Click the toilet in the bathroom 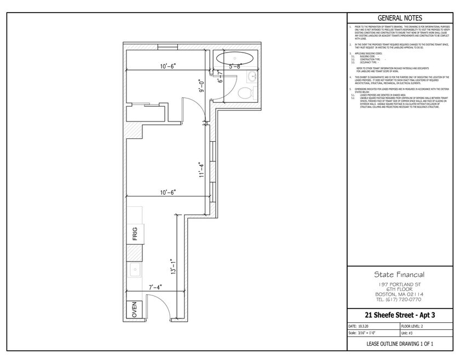(249, 92)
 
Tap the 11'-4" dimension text (202, 170)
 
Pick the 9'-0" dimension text (202, 86)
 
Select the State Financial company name (399, 275)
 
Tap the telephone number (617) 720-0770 (399, 300)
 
